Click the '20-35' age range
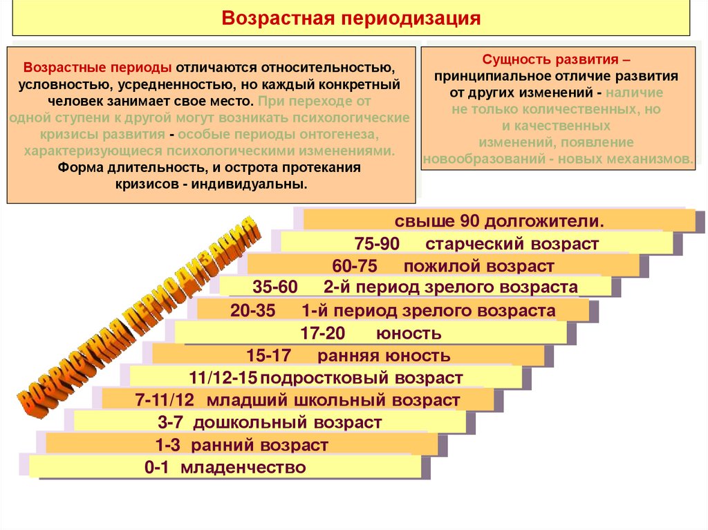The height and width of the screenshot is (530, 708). pyautogui.click(x=253, y=311)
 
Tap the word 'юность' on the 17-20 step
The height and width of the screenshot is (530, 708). pyautogui.click(x=408, y=334)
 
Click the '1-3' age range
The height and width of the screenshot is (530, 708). pyautogui.click(x=169, y=445)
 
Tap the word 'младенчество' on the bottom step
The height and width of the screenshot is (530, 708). pyautogui.click(x=243, y=468)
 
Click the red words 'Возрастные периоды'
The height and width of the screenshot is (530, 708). pyautogui.click(x=97, y=69)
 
